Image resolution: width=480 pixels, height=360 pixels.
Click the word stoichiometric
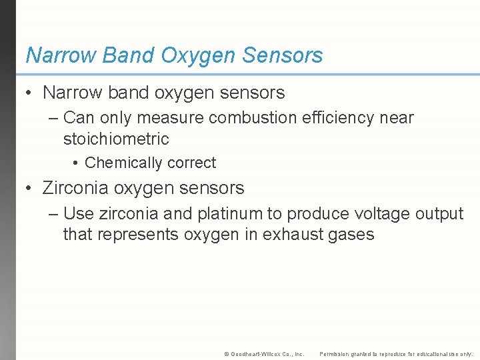(x=116, y=139)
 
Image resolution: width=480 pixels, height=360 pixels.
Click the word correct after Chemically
(x=192, y=163)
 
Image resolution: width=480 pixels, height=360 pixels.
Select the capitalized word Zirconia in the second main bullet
(x=75, y=189)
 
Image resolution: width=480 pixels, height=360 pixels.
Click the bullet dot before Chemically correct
(x=77, y=163)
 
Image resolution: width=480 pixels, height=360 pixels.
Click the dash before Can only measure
(x=53, y=118)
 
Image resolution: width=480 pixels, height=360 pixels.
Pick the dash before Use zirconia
(x=53, y=214)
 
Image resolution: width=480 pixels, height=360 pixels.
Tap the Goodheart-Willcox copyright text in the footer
(x=264, y=354)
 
